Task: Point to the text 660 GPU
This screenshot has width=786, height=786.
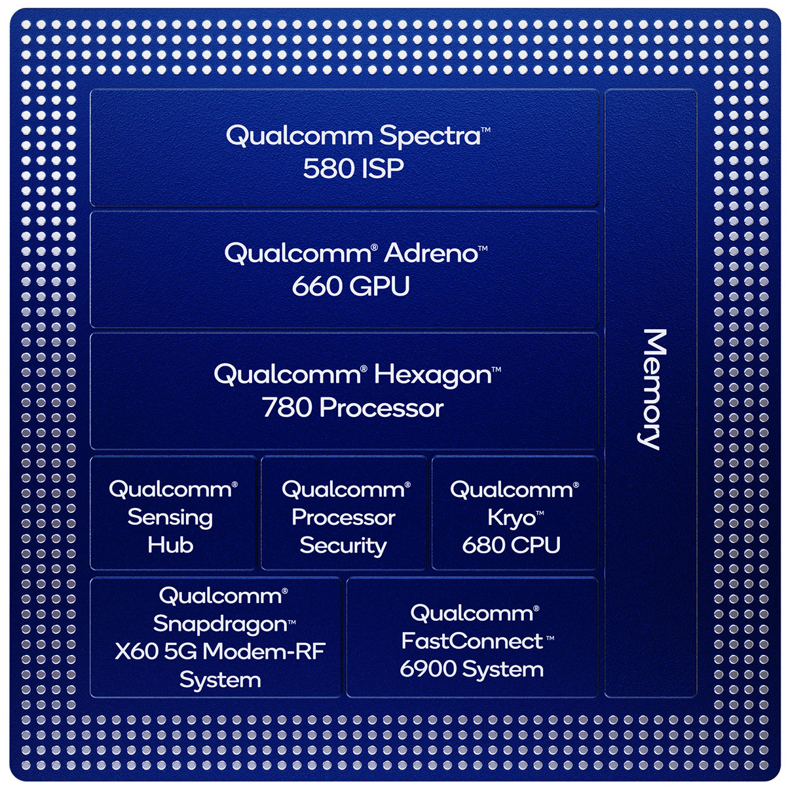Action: coord(350,286)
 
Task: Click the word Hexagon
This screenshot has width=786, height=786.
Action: coord(432,375)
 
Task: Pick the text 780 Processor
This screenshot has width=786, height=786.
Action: coord(353,408)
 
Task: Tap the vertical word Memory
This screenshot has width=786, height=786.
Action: coord(650,389)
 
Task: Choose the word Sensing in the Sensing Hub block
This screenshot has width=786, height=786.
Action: coord(170,517)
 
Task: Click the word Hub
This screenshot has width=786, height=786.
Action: coord(170,545)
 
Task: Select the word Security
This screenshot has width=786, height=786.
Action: coord(343,545)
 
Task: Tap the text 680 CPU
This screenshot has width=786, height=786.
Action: coord(511,545)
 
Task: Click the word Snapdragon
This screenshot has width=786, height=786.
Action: coord(220,624)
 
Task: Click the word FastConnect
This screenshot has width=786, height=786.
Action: coord(472,640)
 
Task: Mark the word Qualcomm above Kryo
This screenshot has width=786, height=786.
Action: coord(512,489)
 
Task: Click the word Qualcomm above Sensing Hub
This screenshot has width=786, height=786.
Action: coord(170,489)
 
